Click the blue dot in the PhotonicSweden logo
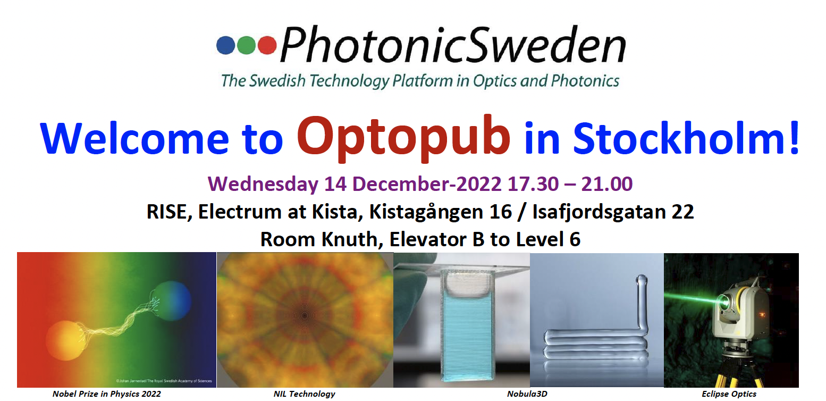click(226, 45)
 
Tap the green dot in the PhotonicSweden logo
click(246, 45)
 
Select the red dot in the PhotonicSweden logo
click(267, 45)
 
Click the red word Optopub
click(404, 138)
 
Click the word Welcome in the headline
click(134, 138)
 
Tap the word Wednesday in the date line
click(263, 184)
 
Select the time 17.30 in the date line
click(533, 183)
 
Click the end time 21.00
click(607, 183)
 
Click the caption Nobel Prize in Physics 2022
click(106, 394)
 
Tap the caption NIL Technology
click(304, 394)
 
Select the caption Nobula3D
click(527, 394)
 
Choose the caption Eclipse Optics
click(729, 394)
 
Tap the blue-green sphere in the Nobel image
click(173, 300)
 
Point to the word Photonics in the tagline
click(585, 81)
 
